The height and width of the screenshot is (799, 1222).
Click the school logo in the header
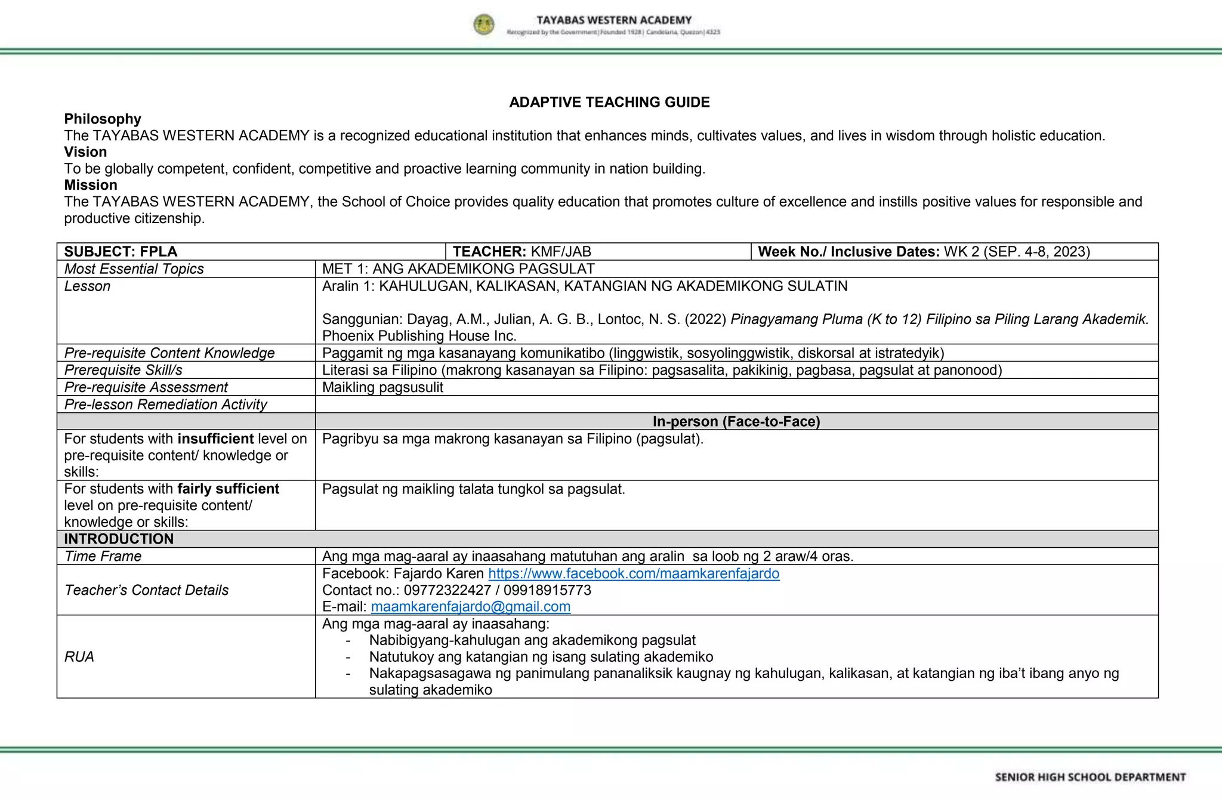click(x=484, y=25)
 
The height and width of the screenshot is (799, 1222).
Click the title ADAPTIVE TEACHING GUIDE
click(x=609, y=102)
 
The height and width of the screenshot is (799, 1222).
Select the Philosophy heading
click(x=103, y=119)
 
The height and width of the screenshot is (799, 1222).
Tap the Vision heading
click(x=85, y=152)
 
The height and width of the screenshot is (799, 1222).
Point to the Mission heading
click(x=91, y=185)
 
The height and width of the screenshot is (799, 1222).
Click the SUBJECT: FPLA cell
click(x=121, y=251)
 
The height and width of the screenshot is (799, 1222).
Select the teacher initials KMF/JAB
click(x=561, y=251)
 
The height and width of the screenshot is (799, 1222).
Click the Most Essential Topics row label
click(x=134, y=269)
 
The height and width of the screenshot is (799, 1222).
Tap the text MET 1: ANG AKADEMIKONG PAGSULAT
click(x=458, y=269)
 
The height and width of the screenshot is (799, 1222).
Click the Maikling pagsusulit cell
click(x=382, y=387)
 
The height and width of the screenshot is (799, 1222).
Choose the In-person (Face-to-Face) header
click(x=736, y=421)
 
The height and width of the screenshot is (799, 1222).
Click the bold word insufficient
click(x=215, y=439)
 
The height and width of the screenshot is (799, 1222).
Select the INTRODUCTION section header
click(x=119, y=539)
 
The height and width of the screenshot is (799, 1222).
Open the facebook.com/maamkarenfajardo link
click(x=633, y=573)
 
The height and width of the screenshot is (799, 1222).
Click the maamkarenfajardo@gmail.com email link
click(x=470, y=606)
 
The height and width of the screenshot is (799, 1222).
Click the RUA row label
click(x=79, y=656)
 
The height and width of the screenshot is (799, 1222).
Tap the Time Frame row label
click(x=103, y=556)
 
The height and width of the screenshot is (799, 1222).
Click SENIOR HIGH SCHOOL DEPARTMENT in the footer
click(x=1090, y=777)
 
